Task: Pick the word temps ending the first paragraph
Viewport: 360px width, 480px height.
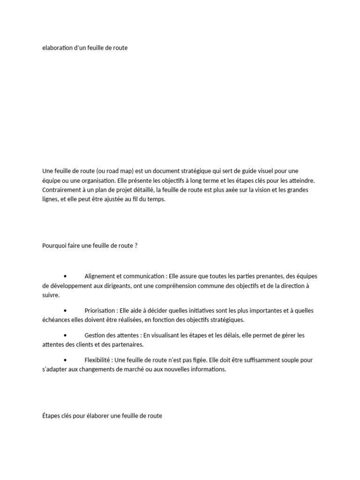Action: [x=157, y=199]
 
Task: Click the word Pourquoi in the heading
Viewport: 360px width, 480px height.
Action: [x=54, y=246]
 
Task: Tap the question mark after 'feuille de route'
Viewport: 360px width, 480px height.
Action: [x=136, y=246]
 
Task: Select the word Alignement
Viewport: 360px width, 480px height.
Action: [x=101, y=277]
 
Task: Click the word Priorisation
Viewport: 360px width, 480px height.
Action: [x=100, y=311]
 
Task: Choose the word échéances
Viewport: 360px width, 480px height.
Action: [x=55, y=320]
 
